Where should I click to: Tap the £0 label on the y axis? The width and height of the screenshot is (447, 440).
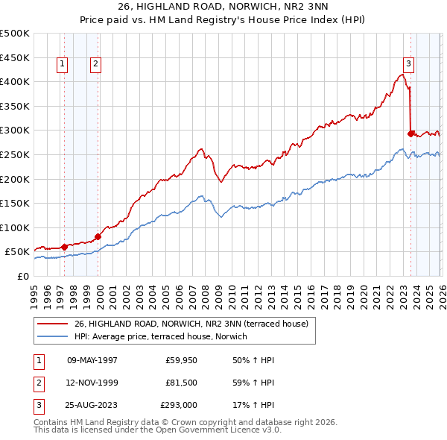[x=23, y=276]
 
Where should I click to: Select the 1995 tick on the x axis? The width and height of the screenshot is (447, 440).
[x=34, y=289]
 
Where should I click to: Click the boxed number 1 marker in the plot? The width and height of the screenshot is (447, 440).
[x=61, y=65]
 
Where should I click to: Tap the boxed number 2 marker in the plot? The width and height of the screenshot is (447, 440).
[x=97, y=65]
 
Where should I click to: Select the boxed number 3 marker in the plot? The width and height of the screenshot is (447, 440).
[x=409, y=65]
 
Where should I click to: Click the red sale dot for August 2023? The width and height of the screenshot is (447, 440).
[x=410, y=133]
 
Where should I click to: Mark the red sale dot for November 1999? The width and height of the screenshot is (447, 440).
[x=98, y=236]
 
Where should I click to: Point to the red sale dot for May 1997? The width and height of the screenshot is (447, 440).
[x=65, y=247]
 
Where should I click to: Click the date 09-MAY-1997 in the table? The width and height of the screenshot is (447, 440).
[x=92, y=360]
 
